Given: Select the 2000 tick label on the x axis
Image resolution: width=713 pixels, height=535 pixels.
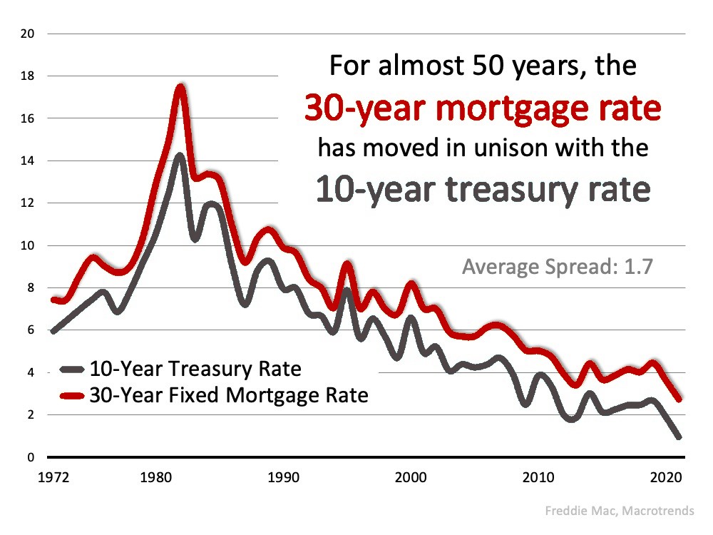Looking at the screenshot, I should tap(411, 476).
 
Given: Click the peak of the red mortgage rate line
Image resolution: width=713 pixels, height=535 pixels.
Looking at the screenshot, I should tap(180, 88).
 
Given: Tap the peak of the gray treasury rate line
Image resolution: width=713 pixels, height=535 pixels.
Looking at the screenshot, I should tap(180, 156).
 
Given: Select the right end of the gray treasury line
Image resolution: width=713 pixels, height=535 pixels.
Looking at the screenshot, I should tap(678, 437).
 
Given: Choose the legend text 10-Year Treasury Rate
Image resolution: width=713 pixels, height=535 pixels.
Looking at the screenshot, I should tap(195, 370).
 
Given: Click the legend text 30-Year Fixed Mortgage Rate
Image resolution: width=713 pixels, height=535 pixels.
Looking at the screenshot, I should tap(228, 394).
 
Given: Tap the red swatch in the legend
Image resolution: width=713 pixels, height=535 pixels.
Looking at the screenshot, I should tap(72, 394).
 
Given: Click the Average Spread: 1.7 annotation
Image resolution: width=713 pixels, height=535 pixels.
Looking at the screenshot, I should tap(558, 267).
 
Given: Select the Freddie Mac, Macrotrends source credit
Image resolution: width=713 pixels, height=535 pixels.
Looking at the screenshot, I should tap(628, 511).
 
